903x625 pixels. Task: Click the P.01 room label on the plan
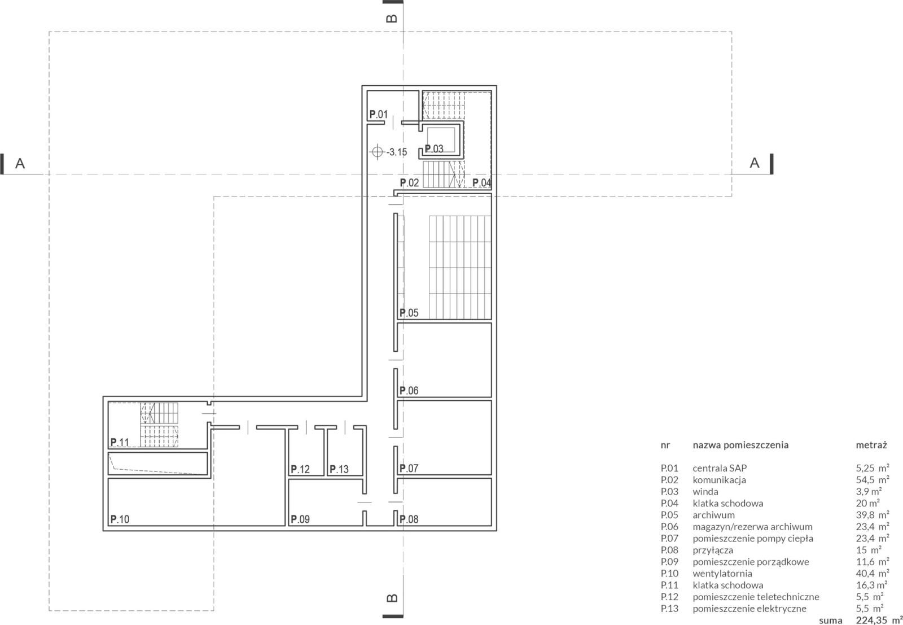tap(379, 115)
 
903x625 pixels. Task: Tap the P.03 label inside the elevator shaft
tap(434, 149)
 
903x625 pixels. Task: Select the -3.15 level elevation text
tap(397, 152)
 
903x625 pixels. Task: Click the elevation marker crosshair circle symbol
tap(377, 152)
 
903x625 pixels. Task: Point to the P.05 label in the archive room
tap(409, 313)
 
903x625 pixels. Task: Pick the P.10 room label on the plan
tap(120, 519)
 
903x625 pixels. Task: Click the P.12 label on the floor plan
tap(300, 469)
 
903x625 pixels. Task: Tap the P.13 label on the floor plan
tap(339, 469)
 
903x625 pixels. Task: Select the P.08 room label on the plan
tap(409, 519)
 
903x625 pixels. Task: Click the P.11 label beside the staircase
tap(120, 442)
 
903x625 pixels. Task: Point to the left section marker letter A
tap(20, 163)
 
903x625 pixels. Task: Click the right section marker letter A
tap(754, 163)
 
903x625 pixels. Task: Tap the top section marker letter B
tap(392, 19)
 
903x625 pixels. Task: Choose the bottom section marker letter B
tap(392, 598)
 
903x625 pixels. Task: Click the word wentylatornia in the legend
tap(722, 574)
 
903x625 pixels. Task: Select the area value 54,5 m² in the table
tap(873, 480)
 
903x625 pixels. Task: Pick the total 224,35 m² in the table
tap(879, 620)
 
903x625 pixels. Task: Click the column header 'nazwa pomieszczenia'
tap(740, 445)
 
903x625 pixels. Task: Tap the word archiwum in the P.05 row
tap(713, 515)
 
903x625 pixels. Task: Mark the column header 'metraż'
tap(871, 445)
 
